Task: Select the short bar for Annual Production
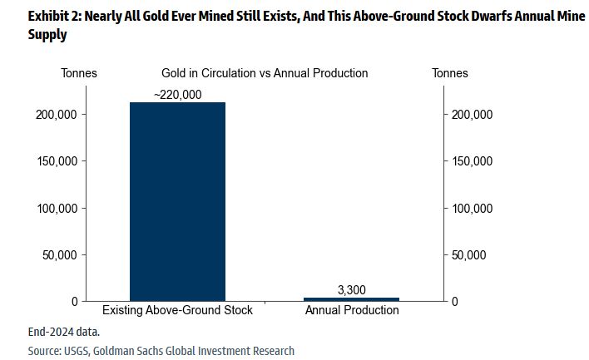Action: click(x=352, y=298)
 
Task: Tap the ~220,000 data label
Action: click(x=177, y=95)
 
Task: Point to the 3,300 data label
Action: click(x=352, y=289)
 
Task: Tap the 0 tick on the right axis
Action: click(x=454, y=301)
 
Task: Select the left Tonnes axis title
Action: click(x=79, y=73)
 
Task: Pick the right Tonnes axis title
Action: click(x=450, y=73)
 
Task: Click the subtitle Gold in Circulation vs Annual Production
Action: click(x=265, y=73)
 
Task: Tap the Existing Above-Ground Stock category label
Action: click(x=177, y=311)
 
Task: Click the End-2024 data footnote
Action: click(x=63, y=332)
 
